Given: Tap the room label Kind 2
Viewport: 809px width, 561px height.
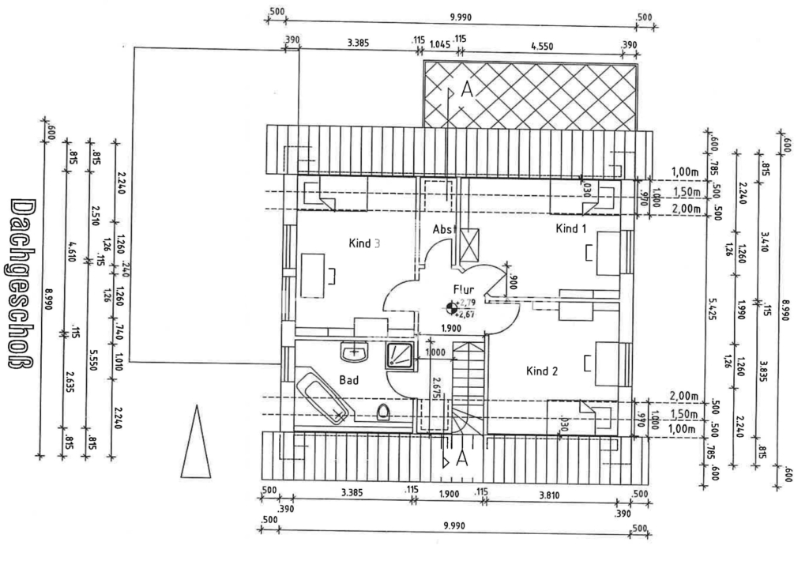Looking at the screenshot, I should (543, 371).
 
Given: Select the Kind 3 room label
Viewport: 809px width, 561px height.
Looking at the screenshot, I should (364, 243).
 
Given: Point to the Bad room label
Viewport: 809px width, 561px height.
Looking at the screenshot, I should (349, 380).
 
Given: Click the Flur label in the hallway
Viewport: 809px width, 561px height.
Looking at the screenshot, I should (463, 288).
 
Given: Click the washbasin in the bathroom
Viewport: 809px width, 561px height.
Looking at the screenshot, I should (356, 350).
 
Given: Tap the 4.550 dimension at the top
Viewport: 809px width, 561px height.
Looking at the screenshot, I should (541, 46).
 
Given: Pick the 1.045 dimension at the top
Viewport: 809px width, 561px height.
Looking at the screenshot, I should (439, 44).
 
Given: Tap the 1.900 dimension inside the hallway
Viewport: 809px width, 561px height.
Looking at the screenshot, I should (450, 329).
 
